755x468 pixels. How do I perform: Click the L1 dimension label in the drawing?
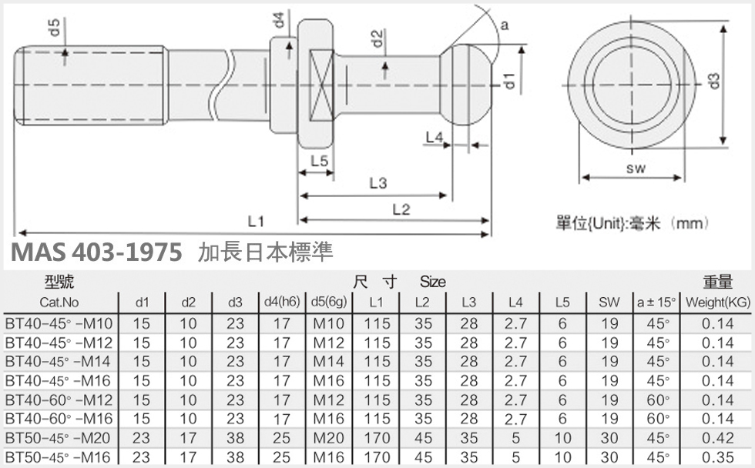coord(256,221)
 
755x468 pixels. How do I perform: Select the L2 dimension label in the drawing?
coord(401,209)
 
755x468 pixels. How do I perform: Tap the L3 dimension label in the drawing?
coord(377,183)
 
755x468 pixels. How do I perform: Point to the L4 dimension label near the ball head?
coord(435,137)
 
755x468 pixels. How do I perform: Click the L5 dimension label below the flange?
coord(319,161)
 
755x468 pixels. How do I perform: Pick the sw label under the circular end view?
coord(635,168)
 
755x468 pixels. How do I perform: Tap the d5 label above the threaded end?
coord(55,28)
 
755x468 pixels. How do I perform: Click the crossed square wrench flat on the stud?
coord(320,84)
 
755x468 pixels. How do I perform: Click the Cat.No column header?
coord(59,303)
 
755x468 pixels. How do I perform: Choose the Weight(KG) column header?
coord(716,303)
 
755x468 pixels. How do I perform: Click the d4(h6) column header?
coord(282,303)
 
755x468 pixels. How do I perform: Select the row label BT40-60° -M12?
coord(59,400)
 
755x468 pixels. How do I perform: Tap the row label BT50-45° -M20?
coord(59,439)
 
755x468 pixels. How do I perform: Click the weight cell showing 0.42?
coord(717,439)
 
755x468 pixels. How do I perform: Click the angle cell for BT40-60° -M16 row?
coord(656,420)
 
